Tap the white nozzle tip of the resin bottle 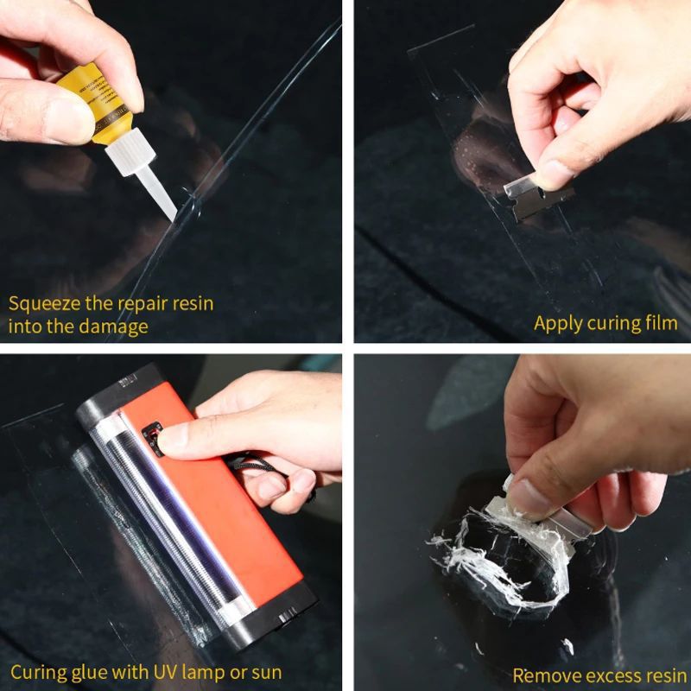(165, 203)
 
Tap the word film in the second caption (660, 324)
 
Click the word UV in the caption (165, 671)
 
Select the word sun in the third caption (265, 671)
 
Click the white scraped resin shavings (484, 553)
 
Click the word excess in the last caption (604, 675)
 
